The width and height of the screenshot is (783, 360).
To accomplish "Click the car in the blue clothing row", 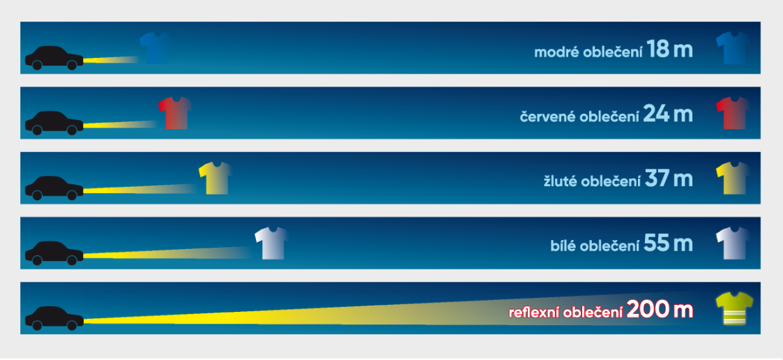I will [x=54, y=58].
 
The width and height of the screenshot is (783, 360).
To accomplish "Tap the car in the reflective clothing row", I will [x=54, y=317].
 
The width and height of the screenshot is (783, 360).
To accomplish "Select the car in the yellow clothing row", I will [x=54, y=188].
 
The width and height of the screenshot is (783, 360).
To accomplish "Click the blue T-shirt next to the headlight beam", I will [x=155, y=48].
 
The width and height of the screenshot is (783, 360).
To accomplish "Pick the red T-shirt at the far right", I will [x=732, y=113].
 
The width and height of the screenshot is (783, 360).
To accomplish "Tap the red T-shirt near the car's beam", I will [x=174, y=113].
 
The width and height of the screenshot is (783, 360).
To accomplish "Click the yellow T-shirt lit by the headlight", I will [x=214, y=178].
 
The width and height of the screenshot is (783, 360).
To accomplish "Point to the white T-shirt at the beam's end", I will [x=271, y=243].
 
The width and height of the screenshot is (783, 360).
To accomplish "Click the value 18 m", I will [x=669, y=50].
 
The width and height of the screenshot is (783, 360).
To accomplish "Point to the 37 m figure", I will [x=669, y=179].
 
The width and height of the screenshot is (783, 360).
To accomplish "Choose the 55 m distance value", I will [x=669, y=244].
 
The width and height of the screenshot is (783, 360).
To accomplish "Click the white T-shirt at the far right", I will [x=732, y=243].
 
